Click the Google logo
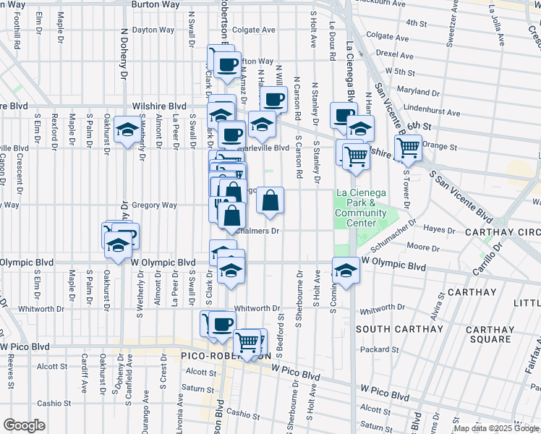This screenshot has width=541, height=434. pos(24,425)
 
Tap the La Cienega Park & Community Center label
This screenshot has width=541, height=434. pos(361,208)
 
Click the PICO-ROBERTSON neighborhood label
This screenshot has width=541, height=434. pos(225,357)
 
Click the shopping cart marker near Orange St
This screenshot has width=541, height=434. pos(409,147)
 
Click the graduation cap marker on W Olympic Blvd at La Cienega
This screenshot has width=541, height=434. pos(346,271)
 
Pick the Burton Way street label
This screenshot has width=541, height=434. pos(154,4)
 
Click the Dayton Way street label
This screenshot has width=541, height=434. pos(153,30)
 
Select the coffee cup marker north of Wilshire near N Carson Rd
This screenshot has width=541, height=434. pos(273,99)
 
